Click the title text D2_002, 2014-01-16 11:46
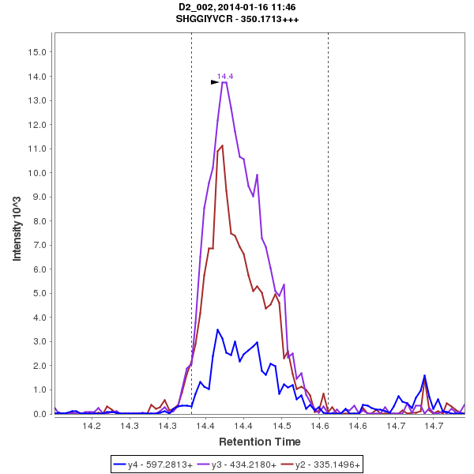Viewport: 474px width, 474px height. pyautogui.click(x=237, y=6)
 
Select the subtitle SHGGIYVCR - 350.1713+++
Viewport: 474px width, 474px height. pyautogui.click(x=237, y=18)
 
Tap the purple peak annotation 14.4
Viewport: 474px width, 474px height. pyautogui.click(x=225, y=76)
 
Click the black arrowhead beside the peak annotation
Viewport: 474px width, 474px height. pyautogui.click(x=214, y=81)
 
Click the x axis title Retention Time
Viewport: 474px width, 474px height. pyautogui.click(x=259, y=441)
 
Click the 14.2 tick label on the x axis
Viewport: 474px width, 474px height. pyautogui.click(x=93, y=426)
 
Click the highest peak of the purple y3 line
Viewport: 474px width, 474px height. pyautogui.click(x=224, y=82)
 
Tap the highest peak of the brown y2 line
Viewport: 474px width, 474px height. pyautogui.click(x=223, y=145)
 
